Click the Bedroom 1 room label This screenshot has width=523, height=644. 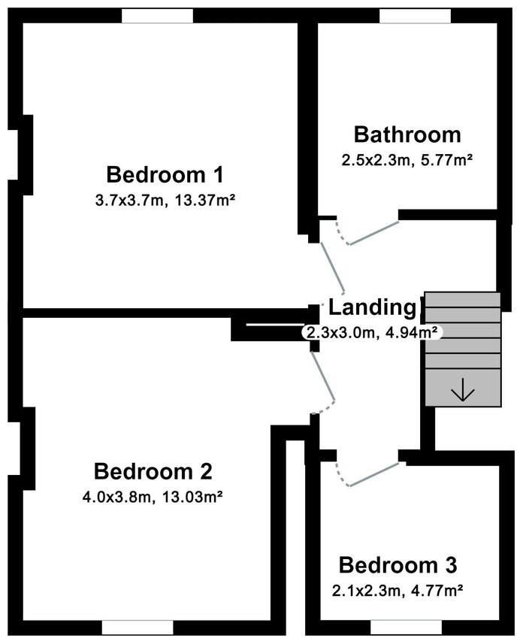coord(165,174)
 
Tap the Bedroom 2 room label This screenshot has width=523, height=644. coord(153,471)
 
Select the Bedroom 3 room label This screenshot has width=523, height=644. coord(398,565)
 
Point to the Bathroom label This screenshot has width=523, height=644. coord(407,135)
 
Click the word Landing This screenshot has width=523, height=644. coord(373,307)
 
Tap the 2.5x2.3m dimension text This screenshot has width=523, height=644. coord(376,160)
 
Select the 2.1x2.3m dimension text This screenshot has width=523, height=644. coord(366,591)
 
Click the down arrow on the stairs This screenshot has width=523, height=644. coord(463,389)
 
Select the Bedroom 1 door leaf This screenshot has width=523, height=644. coord(333,268)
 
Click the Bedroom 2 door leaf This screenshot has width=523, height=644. coord(323,376)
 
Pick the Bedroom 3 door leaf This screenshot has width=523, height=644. coord(374,475)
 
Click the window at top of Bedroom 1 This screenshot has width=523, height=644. coord(157,17)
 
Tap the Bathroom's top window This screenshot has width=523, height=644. coord(415,17)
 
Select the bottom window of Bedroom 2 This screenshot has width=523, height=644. coord(138,627)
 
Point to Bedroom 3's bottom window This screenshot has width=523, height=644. coord(407,627)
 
